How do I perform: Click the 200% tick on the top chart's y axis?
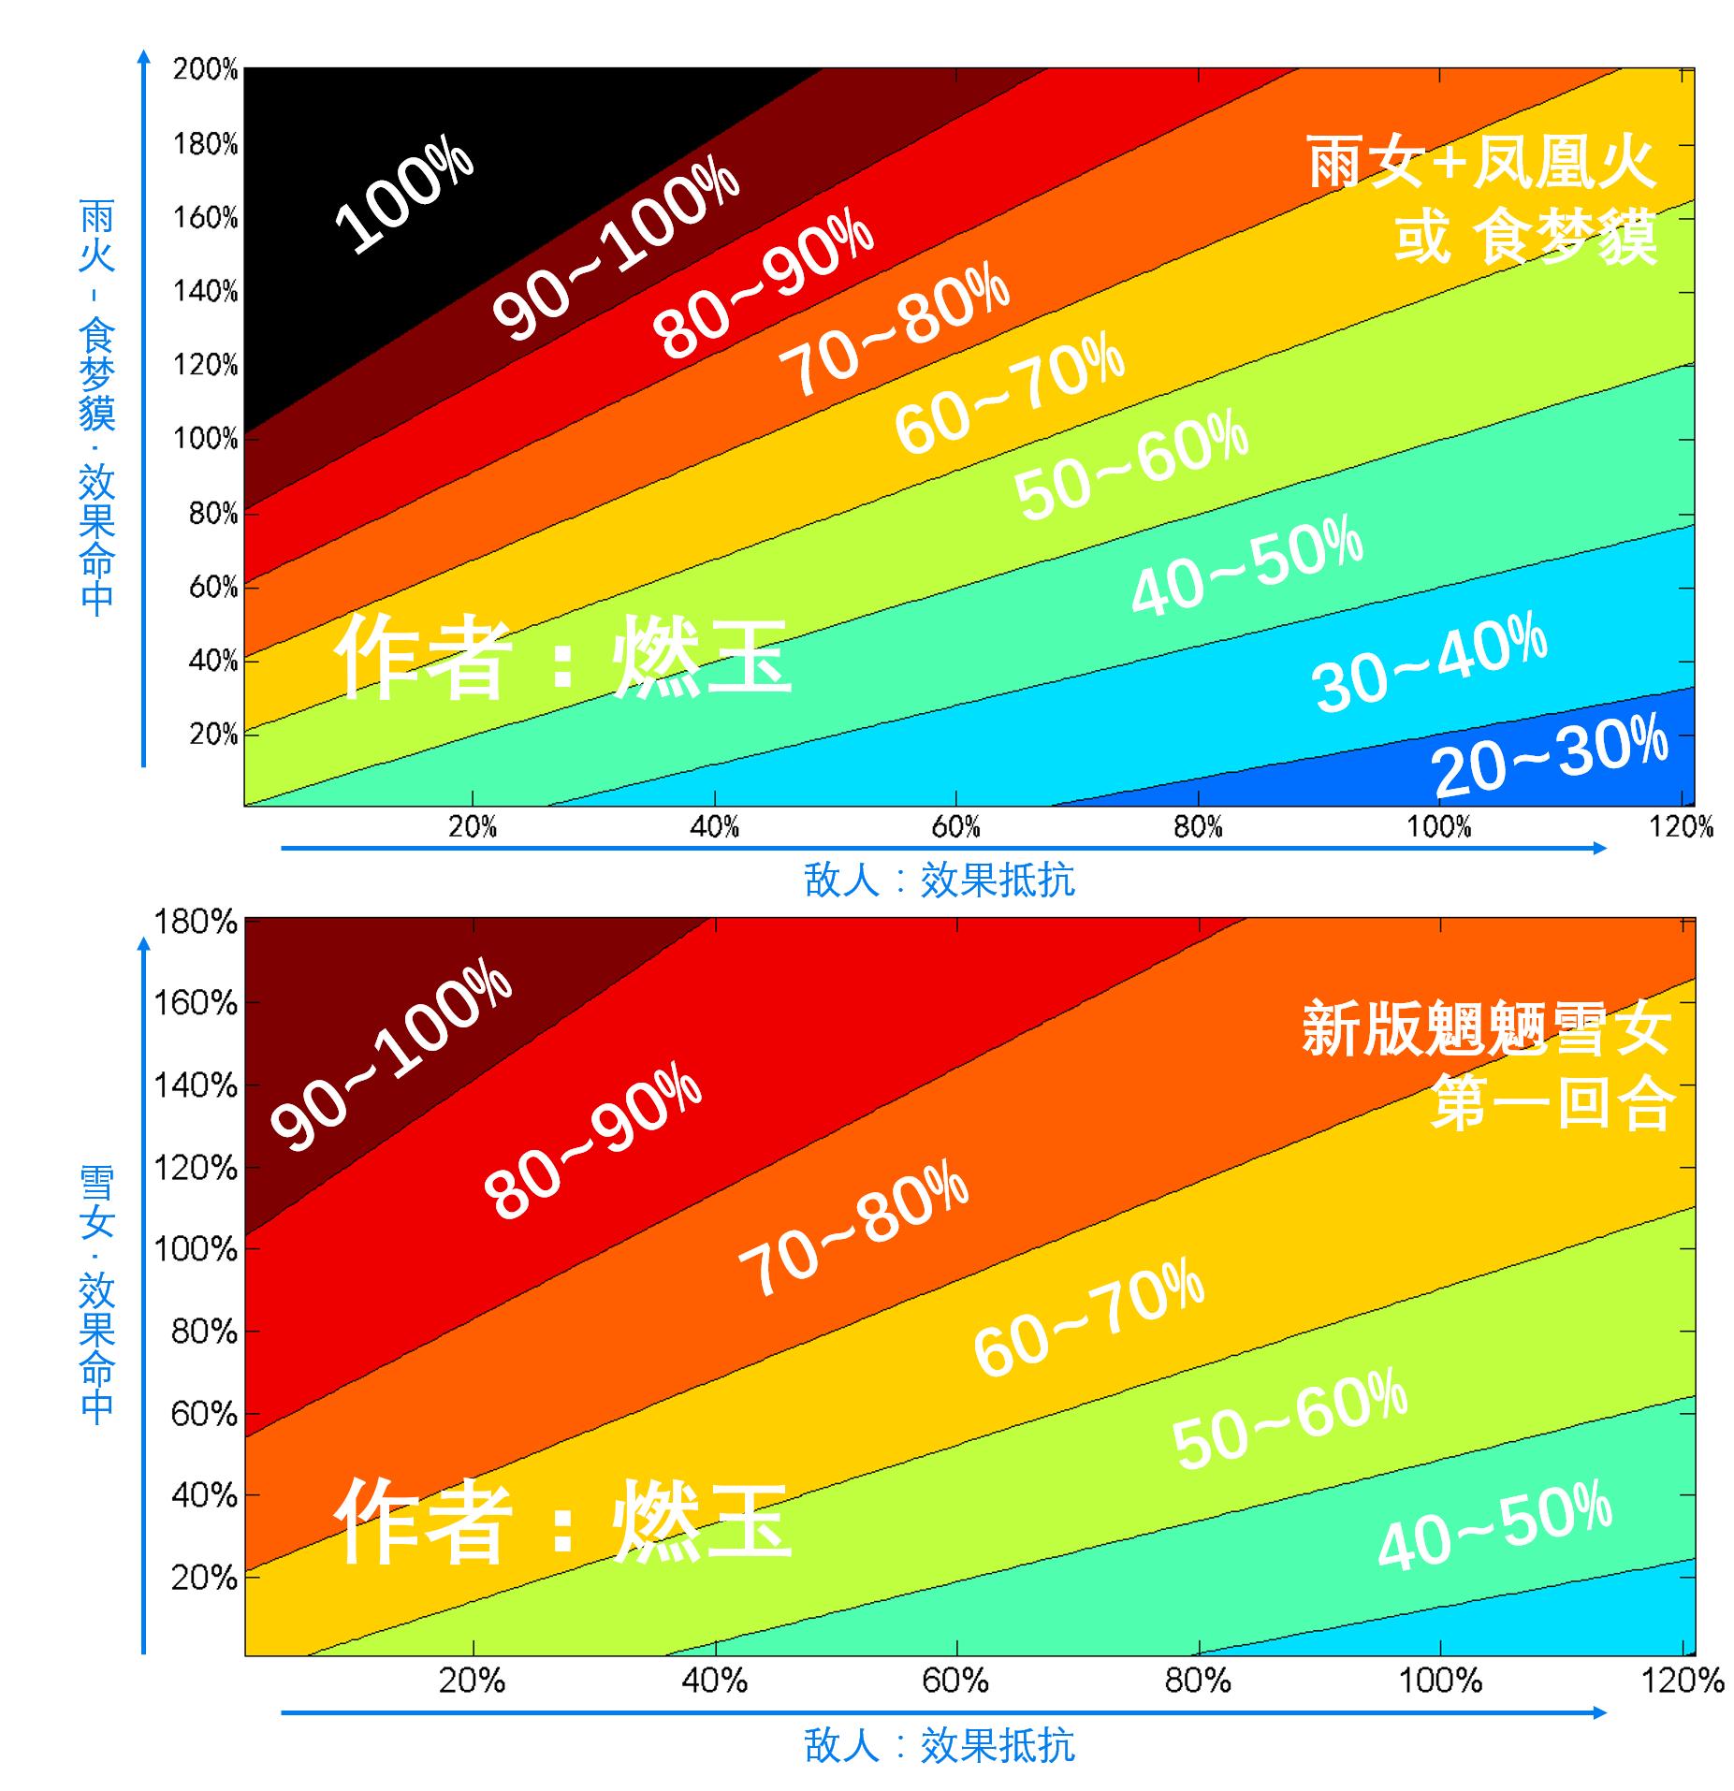coord(205,69)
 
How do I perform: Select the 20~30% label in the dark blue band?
coord(1550,756)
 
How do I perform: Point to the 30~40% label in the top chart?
coord(1430,661)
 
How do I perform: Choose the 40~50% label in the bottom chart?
coord(1494,1525)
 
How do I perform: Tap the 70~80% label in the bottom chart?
coord(852,1228)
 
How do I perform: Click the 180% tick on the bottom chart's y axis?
coord(195,922)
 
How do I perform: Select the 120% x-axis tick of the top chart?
coord(1682,826)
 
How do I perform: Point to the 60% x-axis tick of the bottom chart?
coord(955,1682)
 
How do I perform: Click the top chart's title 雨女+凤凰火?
coord(1481,165)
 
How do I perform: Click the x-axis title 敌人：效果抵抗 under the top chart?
coord(939,881)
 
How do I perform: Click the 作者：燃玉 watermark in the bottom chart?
coord(561,1521)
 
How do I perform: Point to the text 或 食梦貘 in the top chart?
coord(1525,238)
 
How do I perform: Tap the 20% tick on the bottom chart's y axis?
coord(203,1578)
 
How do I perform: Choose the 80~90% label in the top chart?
coord(763,287)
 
